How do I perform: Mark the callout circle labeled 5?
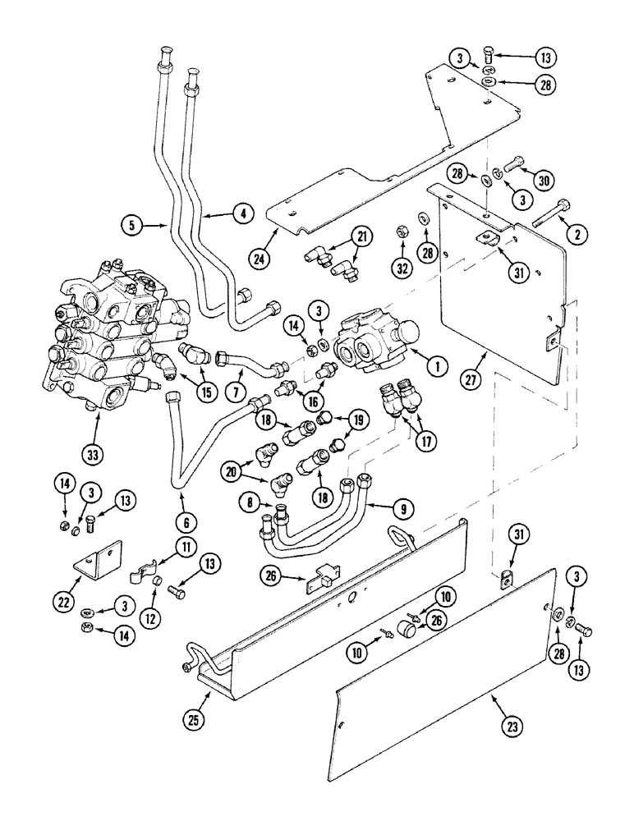(x=131, y=222)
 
